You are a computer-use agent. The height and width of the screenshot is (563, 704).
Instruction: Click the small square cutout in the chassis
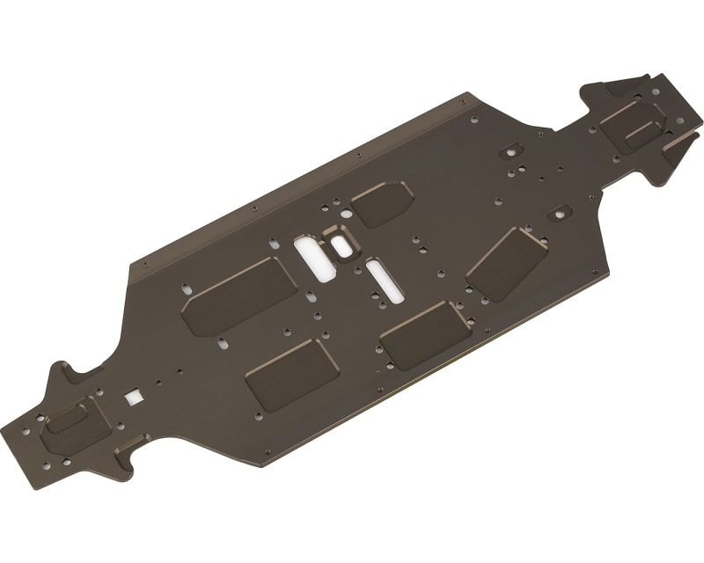134,397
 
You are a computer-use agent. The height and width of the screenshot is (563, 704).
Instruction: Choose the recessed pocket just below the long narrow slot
426,334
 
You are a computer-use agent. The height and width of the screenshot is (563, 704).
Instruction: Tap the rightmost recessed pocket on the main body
507,263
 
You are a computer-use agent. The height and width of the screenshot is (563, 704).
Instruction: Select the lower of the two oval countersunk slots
557,213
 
